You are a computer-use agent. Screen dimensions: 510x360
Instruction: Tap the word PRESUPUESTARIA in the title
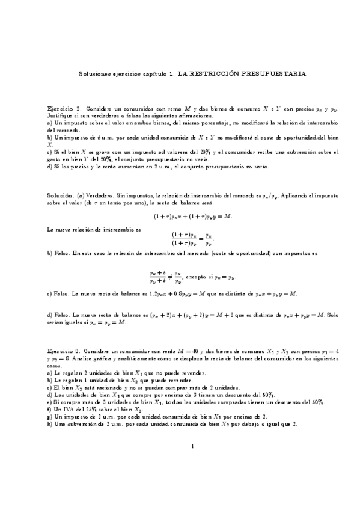coord(273,74)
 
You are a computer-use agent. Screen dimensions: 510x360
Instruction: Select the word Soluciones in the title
coord(95,74)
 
